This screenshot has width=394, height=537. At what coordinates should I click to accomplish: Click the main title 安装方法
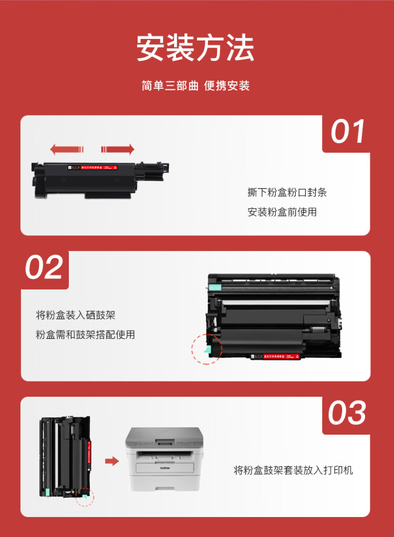[x=195, y=48]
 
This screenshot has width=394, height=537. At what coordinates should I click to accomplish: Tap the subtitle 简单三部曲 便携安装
[x=195, y=86]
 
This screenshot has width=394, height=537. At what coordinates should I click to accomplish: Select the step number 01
[x=348, y=132]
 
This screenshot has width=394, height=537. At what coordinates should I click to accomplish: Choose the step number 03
[x=347, y=413]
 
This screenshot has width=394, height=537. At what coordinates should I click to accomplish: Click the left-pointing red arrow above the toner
[x=67, y=149]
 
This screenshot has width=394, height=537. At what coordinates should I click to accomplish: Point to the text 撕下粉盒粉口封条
[x=287, y=192]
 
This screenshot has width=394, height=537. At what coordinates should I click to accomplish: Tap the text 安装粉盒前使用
[x=282, y=212]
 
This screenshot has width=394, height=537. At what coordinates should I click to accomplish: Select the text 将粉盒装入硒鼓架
[x=76, y=315]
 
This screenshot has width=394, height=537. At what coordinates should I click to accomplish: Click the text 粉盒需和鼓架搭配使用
[x=86, y=335]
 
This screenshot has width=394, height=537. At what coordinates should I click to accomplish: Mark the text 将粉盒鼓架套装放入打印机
[x=293, y=470]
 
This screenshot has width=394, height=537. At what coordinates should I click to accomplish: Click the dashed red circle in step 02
[x=206, y=348]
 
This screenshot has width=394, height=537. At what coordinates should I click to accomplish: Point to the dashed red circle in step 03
[x=84, y=496]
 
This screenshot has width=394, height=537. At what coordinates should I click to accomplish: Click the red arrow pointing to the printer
[x=111, y=461]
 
